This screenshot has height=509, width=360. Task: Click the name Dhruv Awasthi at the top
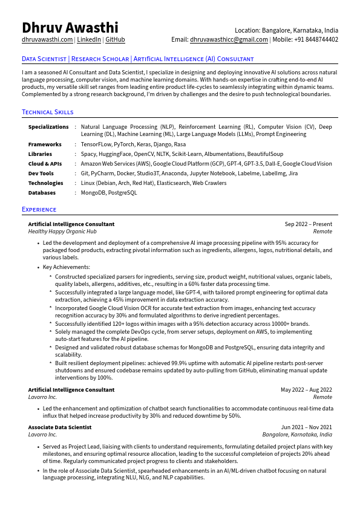click(x=70, y=28)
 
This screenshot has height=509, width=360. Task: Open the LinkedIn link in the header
click(x=89, y=40)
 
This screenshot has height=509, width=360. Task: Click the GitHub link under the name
click(x=116, y=40)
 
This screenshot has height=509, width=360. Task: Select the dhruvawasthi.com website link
click(x=47, y=40)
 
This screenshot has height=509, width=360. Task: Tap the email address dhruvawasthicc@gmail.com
click(x=229, y=40)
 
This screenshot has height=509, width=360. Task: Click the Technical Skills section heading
click(x=48, y=112)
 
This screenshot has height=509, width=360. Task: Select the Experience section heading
click(x=39, y=209)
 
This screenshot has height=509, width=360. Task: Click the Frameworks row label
click(x=45, y=144)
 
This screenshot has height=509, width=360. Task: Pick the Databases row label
click(x=42, y=193)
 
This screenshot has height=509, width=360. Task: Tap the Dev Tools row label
click(x=41, y=173)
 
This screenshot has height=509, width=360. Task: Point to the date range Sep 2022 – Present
click(x=308, y=224)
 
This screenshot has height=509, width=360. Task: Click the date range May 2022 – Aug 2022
click(x=306, y=390)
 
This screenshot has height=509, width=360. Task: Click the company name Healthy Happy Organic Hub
click(x=62, y=232)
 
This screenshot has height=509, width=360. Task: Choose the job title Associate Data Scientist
click(x=60, y=427)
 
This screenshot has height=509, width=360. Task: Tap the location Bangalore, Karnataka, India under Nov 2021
click(x=297, y=435)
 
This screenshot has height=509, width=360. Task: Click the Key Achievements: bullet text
click(x=67, y=267)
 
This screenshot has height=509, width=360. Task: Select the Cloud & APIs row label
click(x=45, y=164)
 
